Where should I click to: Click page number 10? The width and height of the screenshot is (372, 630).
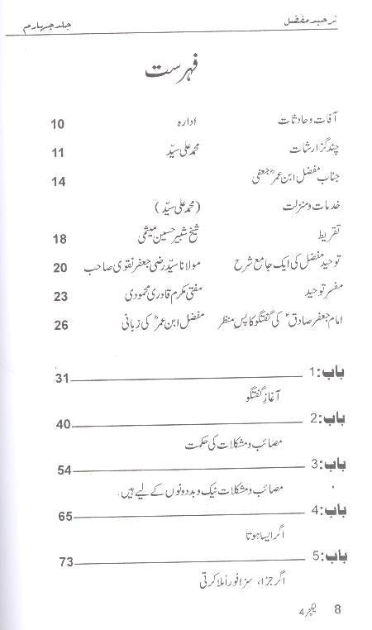coord(57,126)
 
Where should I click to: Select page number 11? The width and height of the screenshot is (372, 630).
coord(57,152)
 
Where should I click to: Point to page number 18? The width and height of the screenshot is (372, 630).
coord(57,238)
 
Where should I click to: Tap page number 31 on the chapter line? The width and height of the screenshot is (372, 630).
coord(62,379)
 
